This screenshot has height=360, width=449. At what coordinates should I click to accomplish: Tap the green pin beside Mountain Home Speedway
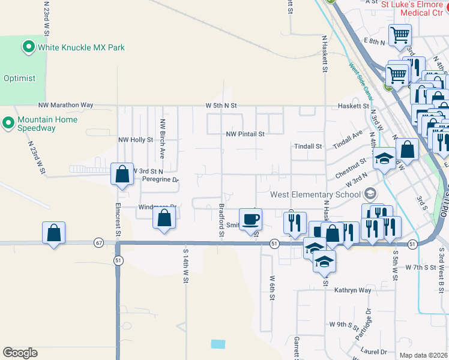click(8, 123)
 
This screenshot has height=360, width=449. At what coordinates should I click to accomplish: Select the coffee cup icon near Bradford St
click(250, 218)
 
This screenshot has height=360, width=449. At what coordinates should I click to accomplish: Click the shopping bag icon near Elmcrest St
click(122, 174)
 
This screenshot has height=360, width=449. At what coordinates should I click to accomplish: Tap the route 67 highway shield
click(99, 243)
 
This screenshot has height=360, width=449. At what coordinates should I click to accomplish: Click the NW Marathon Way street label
click(65, 105)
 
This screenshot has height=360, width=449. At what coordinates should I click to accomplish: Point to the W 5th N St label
click(221, 106)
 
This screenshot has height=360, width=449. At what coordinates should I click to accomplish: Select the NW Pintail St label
click(245, 134)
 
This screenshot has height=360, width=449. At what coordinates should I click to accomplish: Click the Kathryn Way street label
click(352, 290)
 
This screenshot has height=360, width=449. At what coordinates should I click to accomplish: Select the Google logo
click(20, 353)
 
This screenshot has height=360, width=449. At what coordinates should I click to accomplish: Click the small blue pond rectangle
click(218, 344)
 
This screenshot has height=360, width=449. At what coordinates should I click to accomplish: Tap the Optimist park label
click(19, 78)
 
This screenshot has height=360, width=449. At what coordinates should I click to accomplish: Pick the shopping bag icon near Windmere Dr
click(164, 219)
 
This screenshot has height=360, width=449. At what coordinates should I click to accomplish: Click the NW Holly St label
click(136, 140)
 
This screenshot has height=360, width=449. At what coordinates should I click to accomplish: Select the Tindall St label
click(308, 146)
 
